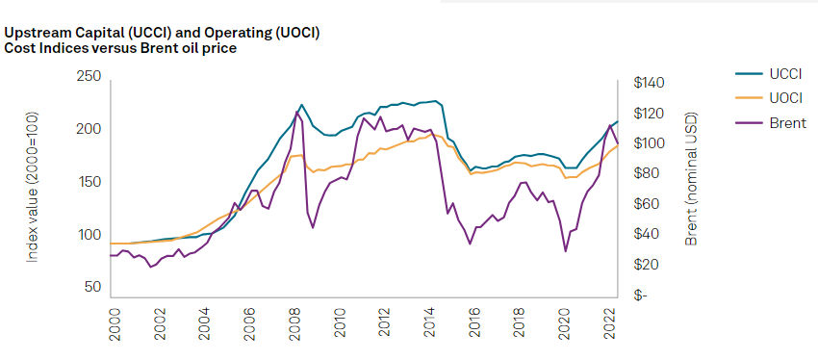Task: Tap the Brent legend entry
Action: coord(771,123)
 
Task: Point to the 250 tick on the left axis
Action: coord(89,76)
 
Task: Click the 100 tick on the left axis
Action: coord(89,235)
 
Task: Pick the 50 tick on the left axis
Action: coord(92,288)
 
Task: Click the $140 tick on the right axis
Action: coord(648,83)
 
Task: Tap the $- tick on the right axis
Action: coord(640,296)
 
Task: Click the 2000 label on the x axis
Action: coord(115,324)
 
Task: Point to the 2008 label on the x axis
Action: coord(295,324)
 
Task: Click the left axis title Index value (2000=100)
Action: coord(33,187)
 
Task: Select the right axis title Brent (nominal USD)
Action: coord(691,179)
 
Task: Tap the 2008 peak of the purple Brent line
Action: coord(296,112)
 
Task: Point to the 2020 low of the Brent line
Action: coord(565,251)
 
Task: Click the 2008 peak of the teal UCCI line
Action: coord(301,104)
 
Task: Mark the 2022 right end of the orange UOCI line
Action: coord(618,145)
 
